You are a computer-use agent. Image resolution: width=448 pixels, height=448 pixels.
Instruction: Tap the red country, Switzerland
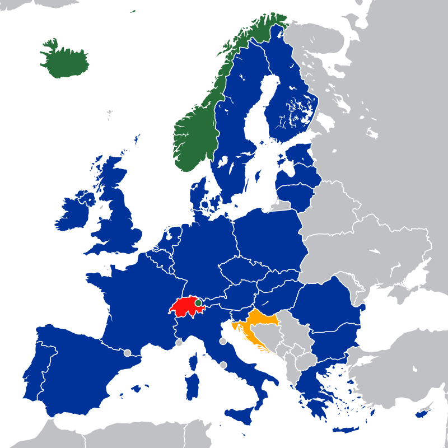185,306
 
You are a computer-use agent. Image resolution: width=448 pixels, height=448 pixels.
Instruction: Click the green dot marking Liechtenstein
198,302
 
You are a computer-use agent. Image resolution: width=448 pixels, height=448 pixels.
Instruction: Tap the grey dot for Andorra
127,353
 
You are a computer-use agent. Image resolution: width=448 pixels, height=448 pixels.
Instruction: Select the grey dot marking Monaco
179,343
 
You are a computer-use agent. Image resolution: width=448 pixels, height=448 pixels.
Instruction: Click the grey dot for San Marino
223,341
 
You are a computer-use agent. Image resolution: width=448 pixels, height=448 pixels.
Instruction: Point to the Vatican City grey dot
223,365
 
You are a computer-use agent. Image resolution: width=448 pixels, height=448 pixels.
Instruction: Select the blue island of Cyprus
422,414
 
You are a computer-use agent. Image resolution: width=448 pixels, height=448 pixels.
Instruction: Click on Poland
269,235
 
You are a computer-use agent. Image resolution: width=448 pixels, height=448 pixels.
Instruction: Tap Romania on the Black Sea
328,305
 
